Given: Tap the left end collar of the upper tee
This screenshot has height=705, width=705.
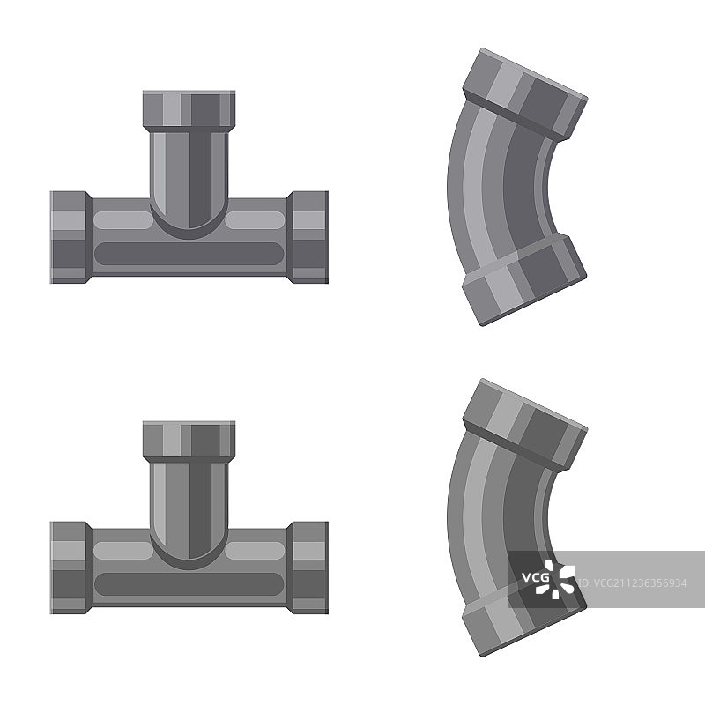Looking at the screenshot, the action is pos(70,237).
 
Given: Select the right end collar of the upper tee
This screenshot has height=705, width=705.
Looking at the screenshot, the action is pos(308,237).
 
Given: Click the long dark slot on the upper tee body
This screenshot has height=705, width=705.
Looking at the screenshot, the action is pos(189,254).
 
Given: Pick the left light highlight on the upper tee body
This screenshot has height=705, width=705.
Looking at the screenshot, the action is pos(123,220).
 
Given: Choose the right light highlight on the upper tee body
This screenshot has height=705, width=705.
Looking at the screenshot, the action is pos(255,220).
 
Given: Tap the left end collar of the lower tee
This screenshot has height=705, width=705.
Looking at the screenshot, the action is pos(70,568).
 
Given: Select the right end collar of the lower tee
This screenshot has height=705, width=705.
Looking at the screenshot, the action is pos(308,568).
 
